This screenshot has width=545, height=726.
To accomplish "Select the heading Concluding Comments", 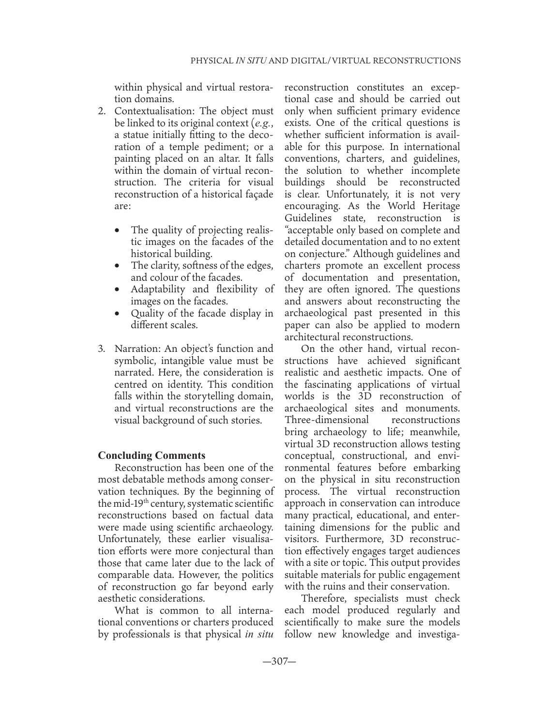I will (151, 455).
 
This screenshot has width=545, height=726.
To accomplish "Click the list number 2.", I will (102, 111).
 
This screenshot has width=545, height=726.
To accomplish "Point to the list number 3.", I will (102, 348).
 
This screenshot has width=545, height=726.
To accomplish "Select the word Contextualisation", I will (150, 111).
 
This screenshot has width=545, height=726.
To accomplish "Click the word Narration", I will (136, 348).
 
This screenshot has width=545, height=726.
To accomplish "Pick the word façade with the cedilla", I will (257, 194).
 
